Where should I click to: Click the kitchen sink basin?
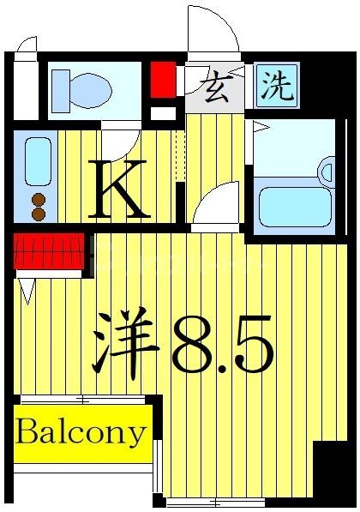[x=37, y=161]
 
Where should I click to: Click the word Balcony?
[x=81, y=432]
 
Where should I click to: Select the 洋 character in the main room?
[x=124, y=342]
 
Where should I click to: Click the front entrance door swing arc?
[x=213, y=30]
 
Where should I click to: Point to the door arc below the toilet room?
[x=119, y=137]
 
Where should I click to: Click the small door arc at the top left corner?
[x=27, y=44]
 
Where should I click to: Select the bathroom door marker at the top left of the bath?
[x=261, y=128]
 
